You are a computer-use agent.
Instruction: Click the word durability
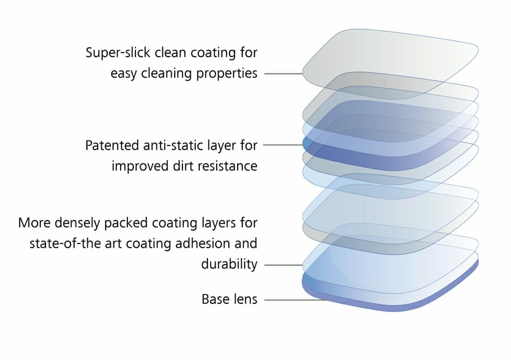pyautogui.click(x=229, y=265)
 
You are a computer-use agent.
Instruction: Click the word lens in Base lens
pyautogui.click(x=245, y=299)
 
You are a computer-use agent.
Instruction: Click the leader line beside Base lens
pyautogui.click(x=294, y=299)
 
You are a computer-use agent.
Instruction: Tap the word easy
pyautogui.click(x=123, y=74)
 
